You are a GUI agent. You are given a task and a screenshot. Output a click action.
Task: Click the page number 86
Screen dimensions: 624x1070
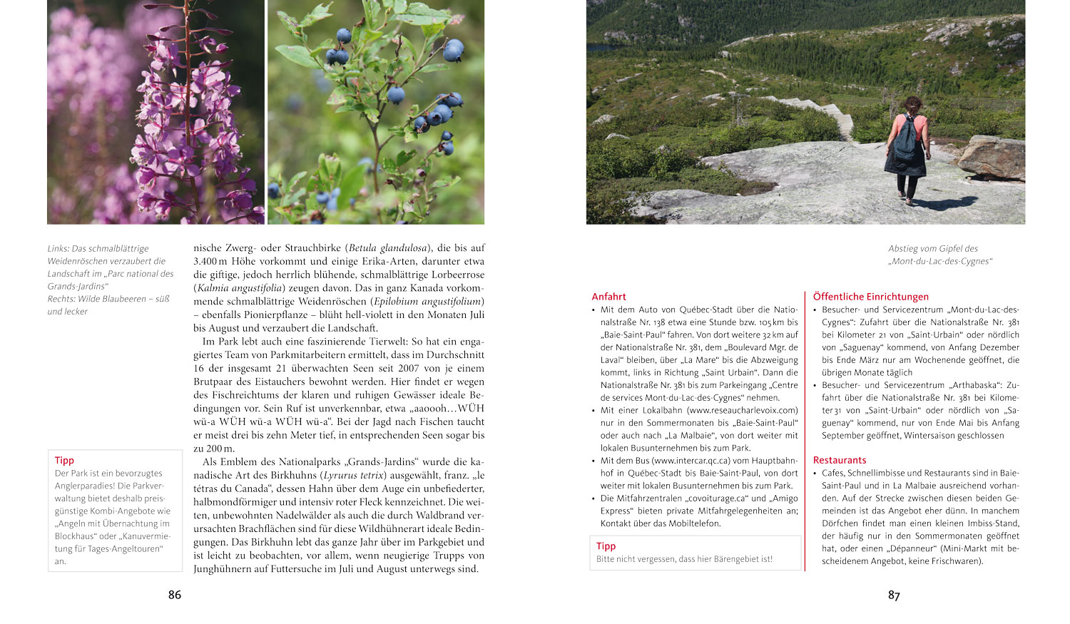pyautogui.click(x=175, y=595)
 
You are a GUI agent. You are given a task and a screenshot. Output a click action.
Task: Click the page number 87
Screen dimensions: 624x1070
pyautogui.click(x=894, y=595)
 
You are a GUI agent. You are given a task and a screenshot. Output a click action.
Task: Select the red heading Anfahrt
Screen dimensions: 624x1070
pyautogui.click(x=608, y=297)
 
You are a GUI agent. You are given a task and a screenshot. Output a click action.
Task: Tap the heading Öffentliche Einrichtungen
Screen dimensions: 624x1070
pyautogui.click(x=870, y=297)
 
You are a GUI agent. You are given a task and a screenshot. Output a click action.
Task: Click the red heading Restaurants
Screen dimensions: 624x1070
pyautogui.click(x=840, y=460)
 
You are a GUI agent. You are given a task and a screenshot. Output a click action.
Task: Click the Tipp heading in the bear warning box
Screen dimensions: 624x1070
pyautogui.click(x=606, y=546)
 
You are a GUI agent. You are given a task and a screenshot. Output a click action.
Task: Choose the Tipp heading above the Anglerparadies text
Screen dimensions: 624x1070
pyautogui.click(x=64, y=461)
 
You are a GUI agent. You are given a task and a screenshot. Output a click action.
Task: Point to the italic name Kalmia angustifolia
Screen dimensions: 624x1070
pyautogui.click(x=239, y=288)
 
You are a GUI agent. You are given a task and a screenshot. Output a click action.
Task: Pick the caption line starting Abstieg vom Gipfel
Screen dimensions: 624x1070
pyautogui.click(x=932, y=249)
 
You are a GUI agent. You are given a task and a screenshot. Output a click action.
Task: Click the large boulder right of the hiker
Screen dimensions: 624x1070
pyautogui.click(x=992, y=157)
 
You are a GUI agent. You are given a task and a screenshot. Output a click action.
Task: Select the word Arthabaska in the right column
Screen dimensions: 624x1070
pyautogui.click(x=974, y=385)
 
